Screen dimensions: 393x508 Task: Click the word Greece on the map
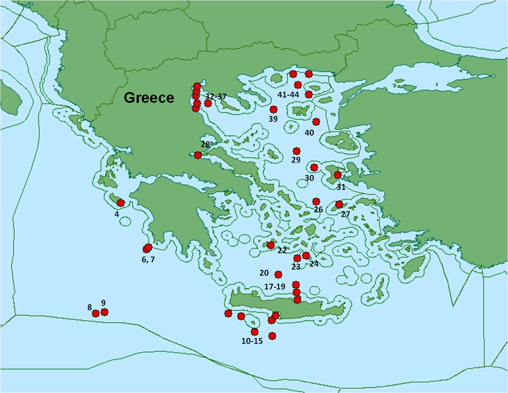tap(149, 98)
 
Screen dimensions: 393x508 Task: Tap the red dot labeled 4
tap(121, 203)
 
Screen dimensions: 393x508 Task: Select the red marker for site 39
tap(274, 109)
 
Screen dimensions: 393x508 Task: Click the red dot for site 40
tap(316, 122)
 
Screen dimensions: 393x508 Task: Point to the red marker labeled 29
tap(297, 151)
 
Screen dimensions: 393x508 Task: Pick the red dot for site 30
tap(314, 167)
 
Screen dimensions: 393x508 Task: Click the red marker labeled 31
tap(338, 175)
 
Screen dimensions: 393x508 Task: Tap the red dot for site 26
tap(316, 201)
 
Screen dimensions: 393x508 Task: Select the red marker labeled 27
tap(339, 204)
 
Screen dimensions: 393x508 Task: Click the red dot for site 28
tap(198, 155)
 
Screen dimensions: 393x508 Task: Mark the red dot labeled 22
tap(271, 245)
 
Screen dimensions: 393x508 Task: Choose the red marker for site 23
tap(297, 258)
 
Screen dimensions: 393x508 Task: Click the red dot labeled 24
tap(306, 255)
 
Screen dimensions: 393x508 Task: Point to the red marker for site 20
tap(278, 274)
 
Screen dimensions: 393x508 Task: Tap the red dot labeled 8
tap(96, 313)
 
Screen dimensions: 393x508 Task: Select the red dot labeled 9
tap(104, 312)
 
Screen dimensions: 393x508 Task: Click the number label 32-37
tap(216, 97)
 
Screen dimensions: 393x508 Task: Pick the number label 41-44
tap(288, 95)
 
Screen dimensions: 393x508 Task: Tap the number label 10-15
tap(252, 341)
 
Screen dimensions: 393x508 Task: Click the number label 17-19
tap(275, 287)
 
